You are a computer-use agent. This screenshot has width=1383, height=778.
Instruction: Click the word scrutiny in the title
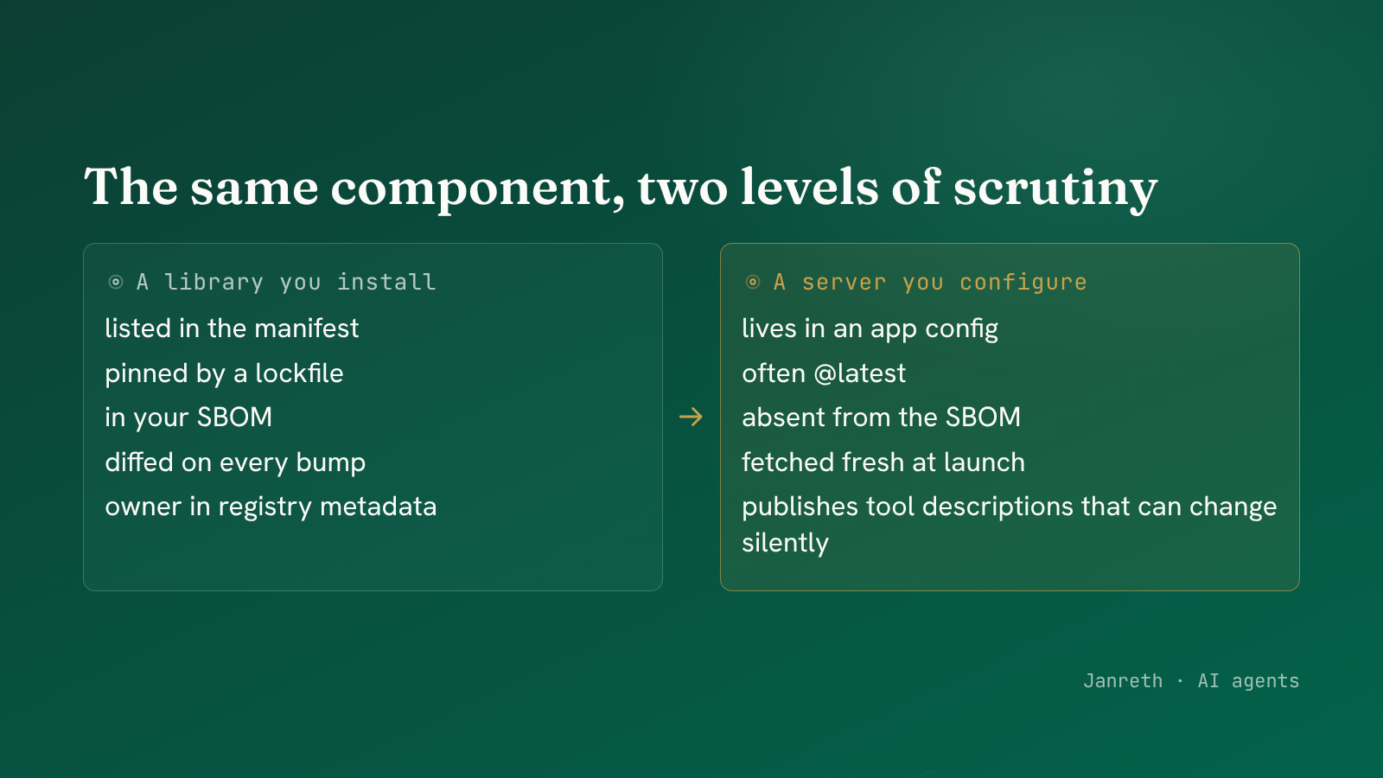click(1055, 188)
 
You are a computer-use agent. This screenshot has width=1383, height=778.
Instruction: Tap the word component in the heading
click(477, 189)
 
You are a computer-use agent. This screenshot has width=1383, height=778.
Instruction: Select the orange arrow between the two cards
click(691, 417)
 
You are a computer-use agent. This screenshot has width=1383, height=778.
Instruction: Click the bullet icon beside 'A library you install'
click(116, 282)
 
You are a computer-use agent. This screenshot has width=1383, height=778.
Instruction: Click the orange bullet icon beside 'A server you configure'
click(753, 282)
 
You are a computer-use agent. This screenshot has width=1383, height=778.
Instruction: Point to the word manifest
click(306, 328)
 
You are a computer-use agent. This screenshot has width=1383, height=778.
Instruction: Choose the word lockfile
click(299, 373)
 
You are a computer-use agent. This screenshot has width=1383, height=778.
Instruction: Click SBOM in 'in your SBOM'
click(234, 418)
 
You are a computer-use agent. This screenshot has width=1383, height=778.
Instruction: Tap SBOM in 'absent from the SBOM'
click(983, 418)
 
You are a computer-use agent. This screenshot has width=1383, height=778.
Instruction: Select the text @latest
click(860, 373)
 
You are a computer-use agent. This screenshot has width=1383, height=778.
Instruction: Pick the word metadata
click(379, 507)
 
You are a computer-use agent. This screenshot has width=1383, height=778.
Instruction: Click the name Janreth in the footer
click(1123, 680)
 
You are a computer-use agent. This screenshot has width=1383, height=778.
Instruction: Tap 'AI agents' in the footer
click(1248, 681)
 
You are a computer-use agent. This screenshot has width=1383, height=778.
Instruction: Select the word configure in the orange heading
click(1023, 282)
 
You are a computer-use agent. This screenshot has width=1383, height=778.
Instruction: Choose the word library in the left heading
click(214, 282)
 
